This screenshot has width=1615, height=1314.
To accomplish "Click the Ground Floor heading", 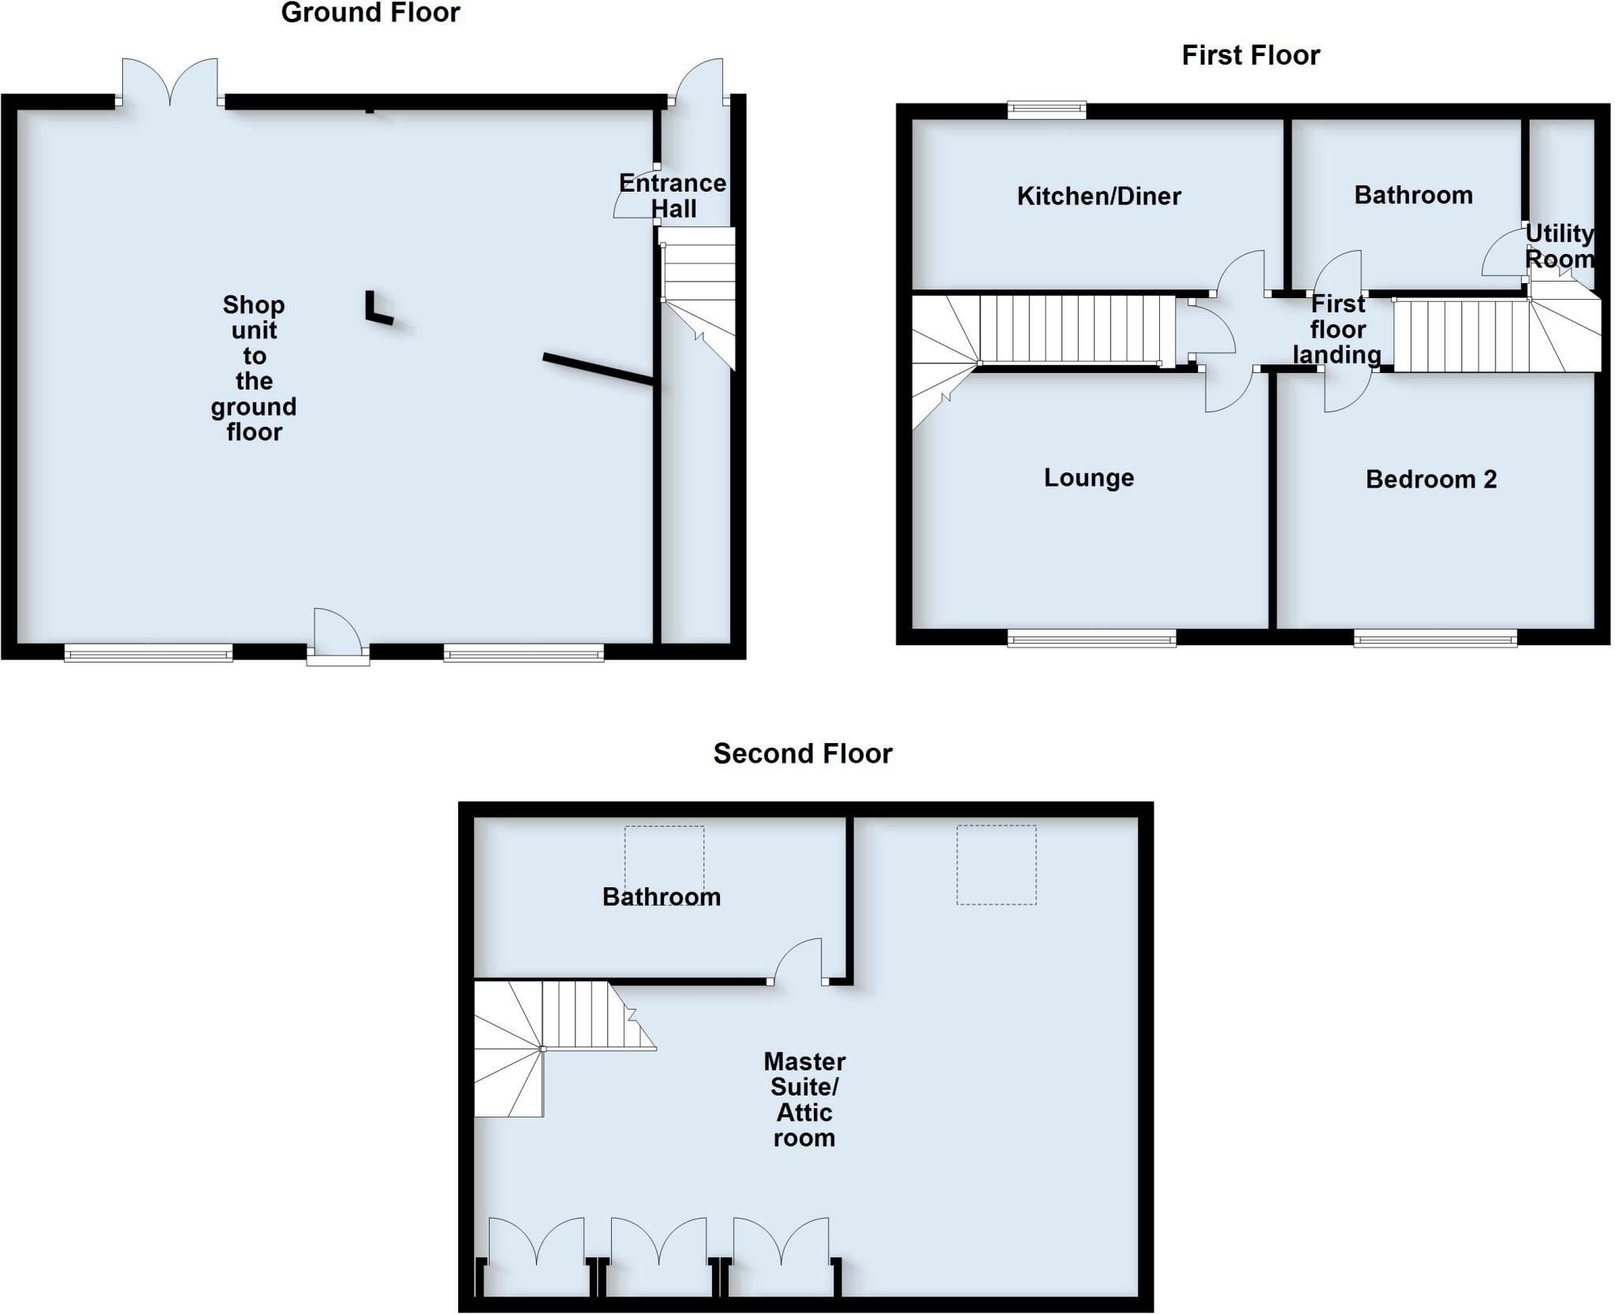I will (x=370, y=13).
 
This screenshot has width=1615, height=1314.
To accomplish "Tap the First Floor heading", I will (x=1250, y=55).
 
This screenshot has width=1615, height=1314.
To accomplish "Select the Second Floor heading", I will (x=802, y=753).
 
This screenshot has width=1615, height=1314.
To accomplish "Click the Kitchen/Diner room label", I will (x=1098, y=196).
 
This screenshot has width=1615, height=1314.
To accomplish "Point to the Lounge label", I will (x=1088, y=477).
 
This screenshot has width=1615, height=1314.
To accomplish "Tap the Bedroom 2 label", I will (x=1430, y=479).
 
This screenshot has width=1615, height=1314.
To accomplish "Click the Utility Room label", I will (x=1559, y=246).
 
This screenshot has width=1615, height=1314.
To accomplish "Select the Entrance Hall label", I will (x=673, y=196).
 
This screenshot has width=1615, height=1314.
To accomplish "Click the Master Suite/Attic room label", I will (x=804, y=1099).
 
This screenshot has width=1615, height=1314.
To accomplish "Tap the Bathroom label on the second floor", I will (x=661, y=897).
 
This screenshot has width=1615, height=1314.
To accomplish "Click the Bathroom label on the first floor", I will (x=1413, y=195).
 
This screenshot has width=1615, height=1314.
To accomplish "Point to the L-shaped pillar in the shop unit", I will (x=378, y=308).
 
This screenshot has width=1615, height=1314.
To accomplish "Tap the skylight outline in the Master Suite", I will (x=996, y=864).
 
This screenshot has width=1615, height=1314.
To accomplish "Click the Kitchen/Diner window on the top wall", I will (x=1046, y=110).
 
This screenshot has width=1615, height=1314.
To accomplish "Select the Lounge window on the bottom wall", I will (x=1091, y=638).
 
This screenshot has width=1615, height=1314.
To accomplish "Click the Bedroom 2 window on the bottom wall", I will (x=1434, y=638).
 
